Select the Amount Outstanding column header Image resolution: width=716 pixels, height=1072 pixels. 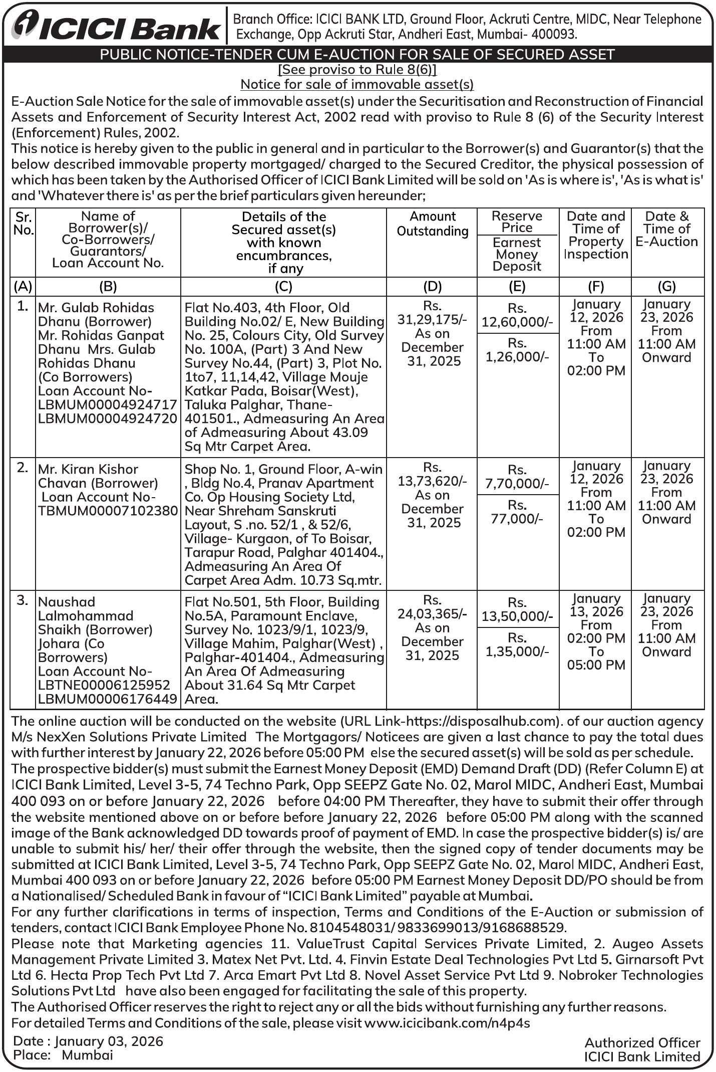coord(433,224)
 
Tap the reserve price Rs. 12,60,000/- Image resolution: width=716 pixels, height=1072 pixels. coord(517,315)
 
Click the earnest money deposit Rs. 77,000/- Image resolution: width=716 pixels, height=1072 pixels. coord(517,512)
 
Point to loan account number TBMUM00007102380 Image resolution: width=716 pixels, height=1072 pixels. coord(108,511)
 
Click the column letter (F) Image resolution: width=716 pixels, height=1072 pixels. coord(595,286)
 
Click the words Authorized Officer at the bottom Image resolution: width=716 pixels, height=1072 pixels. coord(642,1042)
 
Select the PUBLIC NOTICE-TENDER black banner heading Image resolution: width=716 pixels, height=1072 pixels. coord(357,54)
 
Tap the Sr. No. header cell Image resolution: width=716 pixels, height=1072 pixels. coord(23,224)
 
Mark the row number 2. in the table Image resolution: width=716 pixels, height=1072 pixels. coord(23,468)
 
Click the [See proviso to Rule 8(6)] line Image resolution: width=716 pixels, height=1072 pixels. coord(357,69)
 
